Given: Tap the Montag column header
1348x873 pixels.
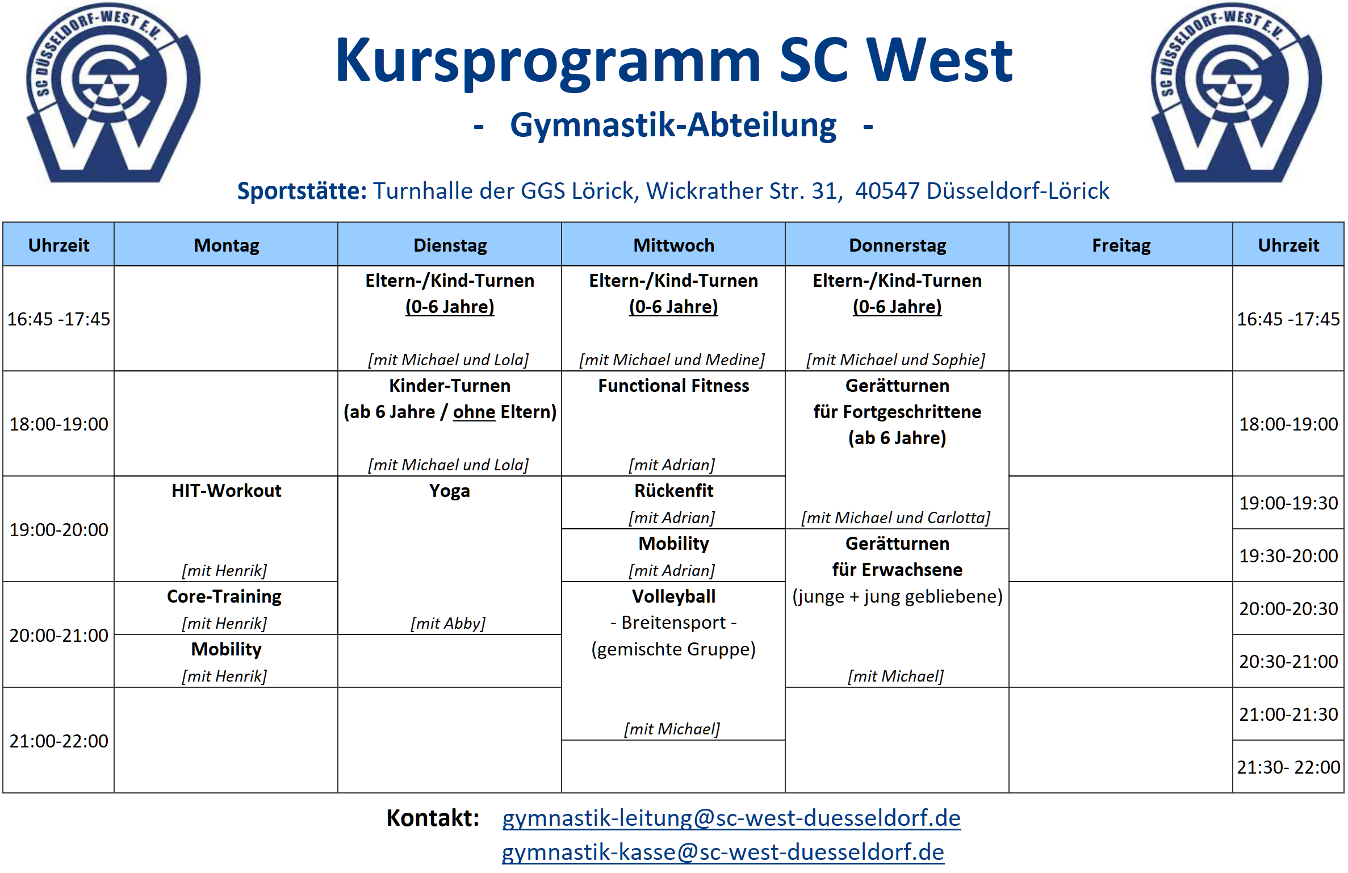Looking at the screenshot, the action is [x=227, y=245].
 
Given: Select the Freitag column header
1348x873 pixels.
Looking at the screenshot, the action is [x=1121, y=245].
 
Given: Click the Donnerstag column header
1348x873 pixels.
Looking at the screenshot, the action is [x=897, y=245].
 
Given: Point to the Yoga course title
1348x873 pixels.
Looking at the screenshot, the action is [x=449, y=491].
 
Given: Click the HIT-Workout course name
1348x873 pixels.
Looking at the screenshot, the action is [x=227, y=491].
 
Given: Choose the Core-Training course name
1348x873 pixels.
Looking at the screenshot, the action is [x=224, y=597].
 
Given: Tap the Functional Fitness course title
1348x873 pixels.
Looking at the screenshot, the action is [x=673, y=386].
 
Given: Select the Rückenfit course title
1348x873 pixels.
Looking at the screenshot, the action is [x=673, y=491].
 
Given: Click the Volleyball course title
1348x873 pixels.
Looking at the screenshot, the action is [x=673, y=596].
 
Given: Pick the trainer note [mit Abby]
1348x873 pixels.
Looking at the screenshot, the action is [x=448, y=624].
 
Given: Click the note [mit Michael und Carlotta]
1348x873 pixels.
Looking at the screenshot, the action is [x=895, y=518].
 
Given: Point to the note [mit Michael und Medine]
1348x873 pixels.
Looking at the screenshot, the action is [x=672, y=360].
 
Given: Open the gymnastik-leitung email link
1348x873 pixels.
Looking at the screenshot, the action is [x=731, y=818].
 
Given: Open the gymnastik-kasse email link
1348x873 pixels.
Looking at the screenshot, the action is [x=723, y=853].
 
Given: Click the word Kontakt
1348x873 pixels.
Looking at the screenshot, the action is [x=433, y=818].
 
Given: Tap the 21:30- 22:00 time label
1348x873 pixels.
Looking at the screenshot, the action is [x=1288, y=767].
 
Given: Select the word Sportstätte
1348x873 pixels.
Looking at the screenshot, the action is [x=302, y=191].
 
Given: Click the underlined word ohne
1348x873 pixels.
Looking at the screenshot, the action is [x=474, y=412].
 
